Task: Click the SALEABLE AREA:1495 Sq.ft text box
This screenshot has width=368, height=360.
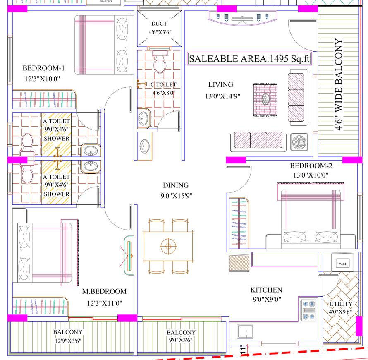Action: pyautogui.click(x=249, y=59)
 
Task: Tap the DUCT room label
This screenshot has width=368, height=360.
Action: pyautogui.click(x=159, y=24)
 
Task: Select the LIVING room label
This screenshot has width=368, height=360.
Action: pyautogui.click(x=220, y=85)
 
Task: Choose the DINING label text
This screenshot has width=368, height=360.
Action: pyautogui.click(x=175, y=185)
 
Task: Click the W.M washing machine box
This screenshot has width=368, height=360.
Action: pyautogui.click(x=342, y=264)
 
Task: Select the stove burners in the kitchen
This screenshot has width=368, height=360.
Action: pyautogui.click(x=308, y=310)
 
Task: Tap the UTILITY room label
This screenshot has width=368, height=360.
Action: pyautogui.click(x=341, y=304)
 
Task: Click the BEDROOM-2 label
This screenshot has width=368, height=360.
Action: pyautogui.click(x=311, y=166)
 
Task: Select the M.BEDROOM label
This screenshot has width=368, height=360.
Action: pyautogui.click(x=104, y=292)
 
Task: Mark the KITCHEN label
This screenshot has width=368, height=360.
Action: pyautogui.click(x=266, y=290)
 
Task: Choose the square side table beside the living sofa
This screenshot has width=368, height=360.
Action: pyautogui.click(x=299, y=141)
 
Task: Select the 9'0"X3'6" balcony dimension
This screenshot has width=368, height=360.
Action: pyautogui.click(x=181, y=341)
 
